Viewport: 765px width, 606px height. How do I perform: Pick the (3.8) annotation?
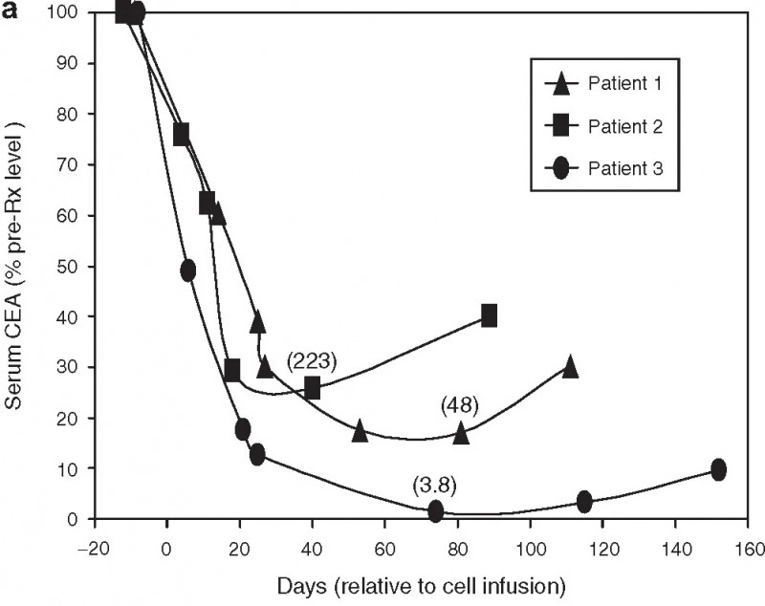pos(434,485)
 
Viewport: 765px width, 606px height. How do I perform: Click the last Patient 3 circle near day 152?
pos(718,469)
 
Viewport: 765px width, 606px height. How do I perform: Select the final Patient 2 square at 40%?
pos(490,315)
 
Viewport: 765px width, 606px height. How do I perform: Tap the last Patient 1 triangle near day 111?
pos(570,366)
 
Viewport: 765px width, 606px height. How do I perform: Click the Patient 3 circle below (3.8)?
pos(436,511)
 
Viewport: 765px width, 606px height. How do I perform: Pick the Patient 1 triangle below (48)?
pos(461,433)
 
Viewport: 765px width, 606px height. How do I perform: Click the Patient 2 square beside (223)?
pos(312,387)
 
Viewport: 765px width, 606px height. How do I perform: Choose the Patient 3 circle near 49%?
pos(187,271)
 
